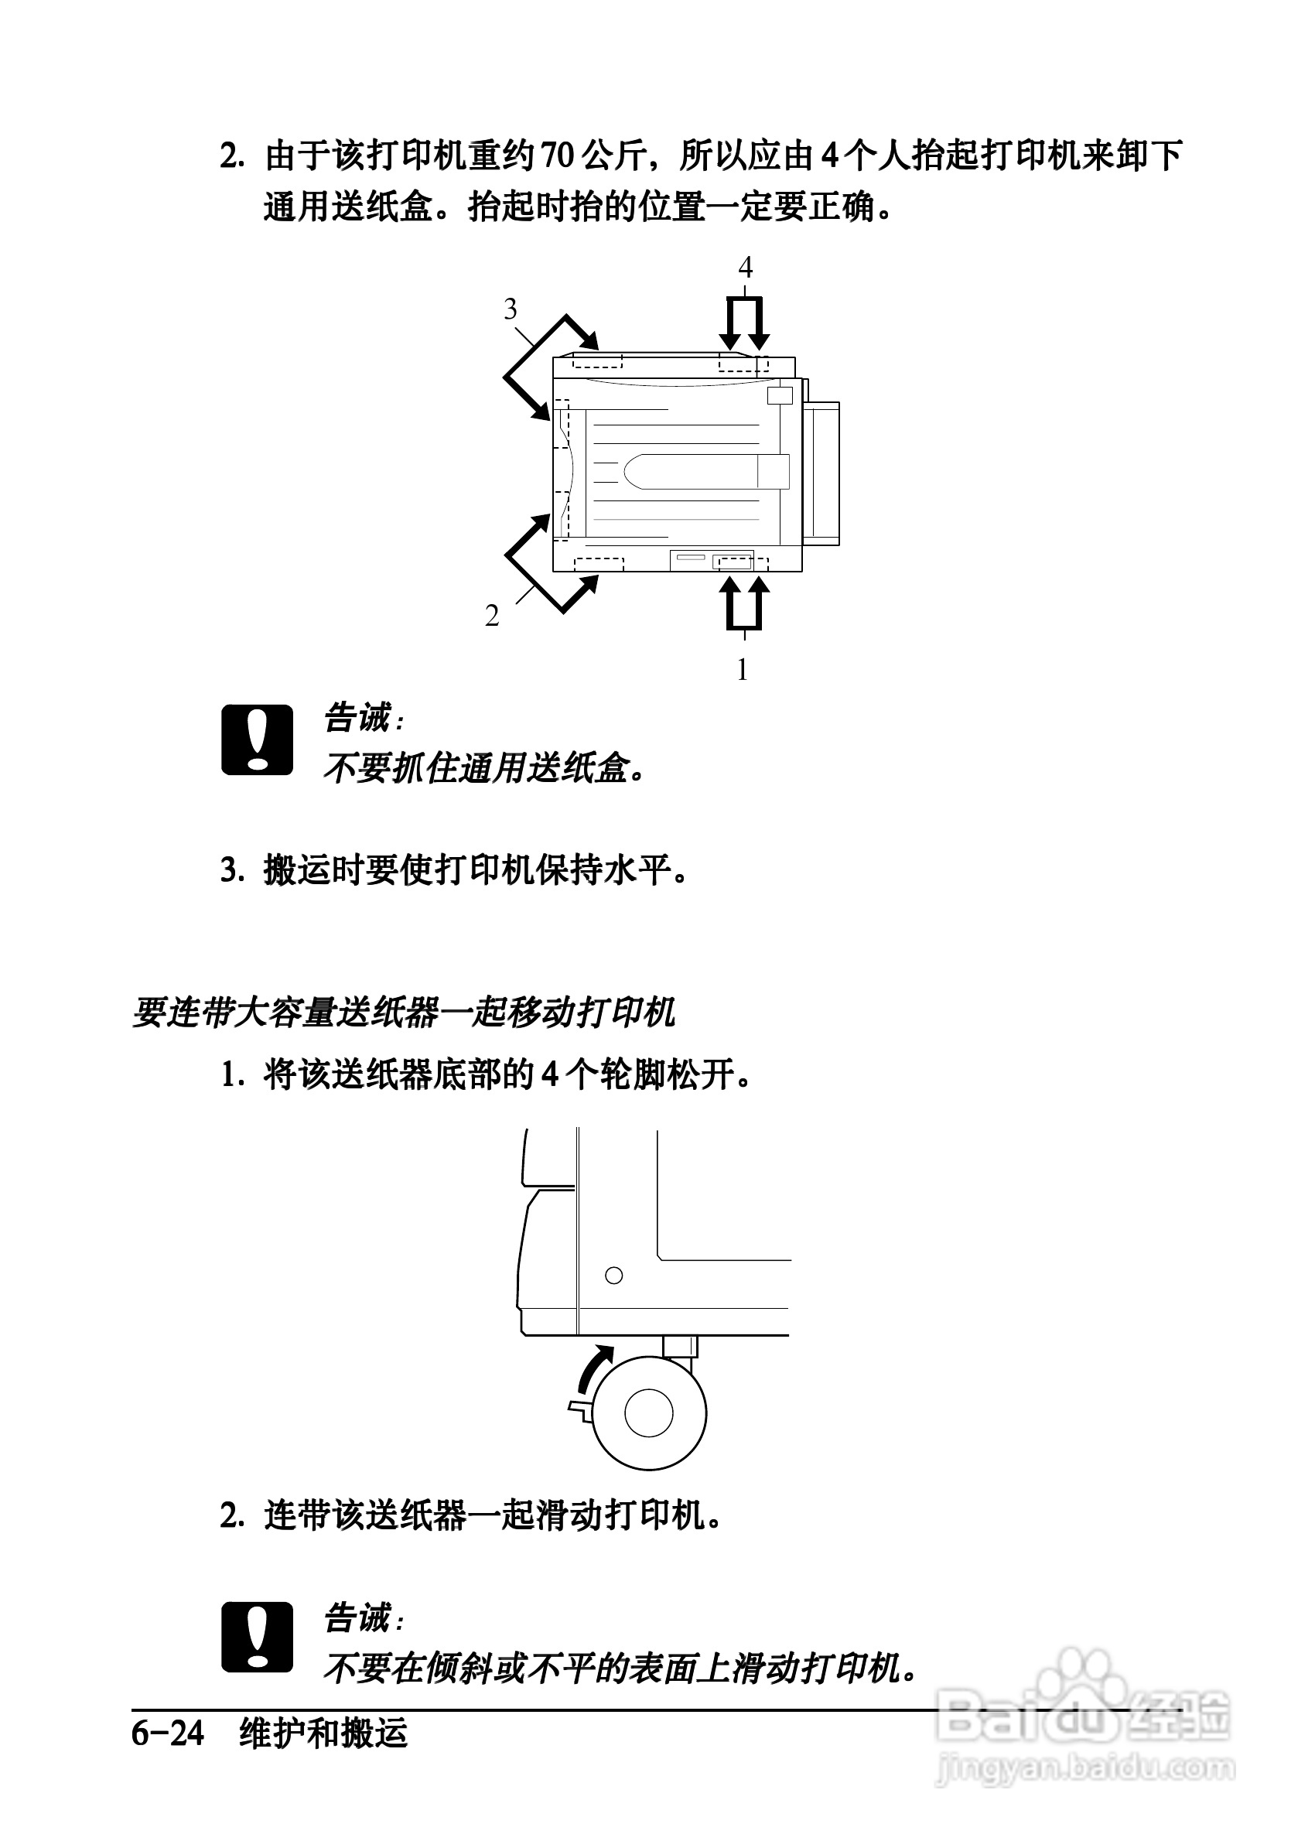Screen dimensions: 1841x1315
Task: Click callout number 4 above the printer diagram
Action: click(745, 267)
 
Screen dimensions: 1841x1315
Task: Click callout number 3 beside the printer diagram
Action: click(510, 309)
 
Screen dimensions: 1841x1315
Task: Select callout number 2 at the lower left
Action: click(491, 616)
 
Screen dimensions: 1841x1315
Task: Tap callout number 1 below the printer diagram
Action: click(742, 670)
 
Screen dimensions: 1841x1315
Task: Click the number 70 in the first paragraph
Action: click(557, 155)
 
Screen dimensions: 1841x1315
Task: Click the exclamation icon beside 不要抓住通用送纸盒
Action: click(257, 740)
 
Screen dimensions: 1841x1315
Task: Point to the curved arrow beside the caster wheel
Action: click(595, 1368)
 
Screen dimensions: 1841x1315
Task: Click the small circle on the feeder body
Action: click(613, 1276)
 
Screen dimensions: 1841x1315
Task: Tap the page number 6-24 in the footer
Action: click(168, 1734)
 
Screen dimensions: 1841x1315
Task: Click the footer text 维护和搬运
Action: click(324, 1734)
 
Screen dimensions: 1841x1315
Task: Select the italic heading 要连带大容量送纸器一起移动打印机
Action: click(403, 1013)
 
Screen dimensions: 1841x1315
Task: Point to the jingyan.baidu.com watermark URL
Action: click(1085, 1768)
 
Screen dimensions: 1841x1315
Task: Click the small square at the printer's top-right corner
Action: click(779, 395)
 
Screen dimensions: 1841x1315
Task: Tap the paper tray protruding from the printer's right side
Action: click(821, 473)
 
